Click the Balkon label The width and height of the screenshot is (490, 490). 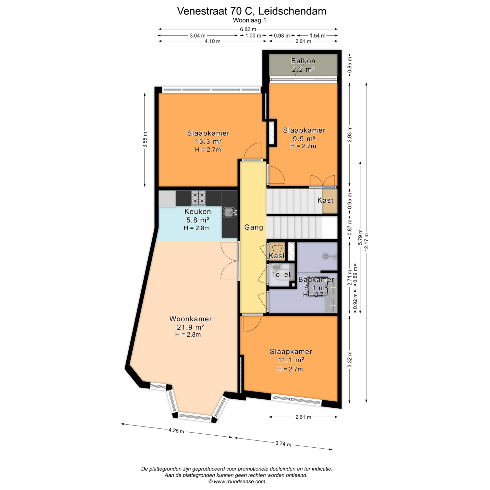(x=303, y=61)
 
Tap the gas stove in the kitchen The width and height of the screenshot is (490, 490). (x=199, y=198)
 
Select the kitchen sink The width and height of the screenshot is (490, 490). (x=229, y=213)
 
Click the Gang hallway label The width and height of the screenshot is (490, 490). (x=253, y=227)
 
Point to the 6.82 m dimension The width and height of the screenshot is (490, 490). (x=248, y=29)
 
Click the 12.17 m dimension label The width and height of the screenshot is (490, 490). (x=366, y=242)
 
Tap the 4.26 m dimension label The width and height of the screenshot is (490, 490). (x=176, y=431)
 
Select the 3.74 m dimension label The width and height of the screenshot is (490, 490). (x=283, y=444)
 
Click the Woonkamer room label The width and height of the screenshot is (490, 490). (x=191, y=319)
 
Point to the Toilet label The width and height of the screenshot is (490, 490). (x=281, y=274)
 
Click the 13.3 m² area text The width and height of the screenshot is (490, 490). (x=208, y=141)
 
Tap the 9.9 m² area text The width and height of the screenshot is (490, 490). (x=304, y=139)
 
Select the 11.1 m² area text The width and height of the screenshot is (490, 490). (x=291, y=360)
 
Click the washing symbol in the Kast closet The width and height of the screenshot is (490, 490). (x=277, y=248)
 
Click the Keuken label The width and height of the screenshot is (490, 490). (x=198, y=211)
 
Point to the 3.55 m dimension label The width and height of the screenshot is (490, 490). (x=145, y=140)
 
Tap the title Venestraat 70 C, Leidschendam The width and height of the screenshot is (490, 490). (x=252, y=11)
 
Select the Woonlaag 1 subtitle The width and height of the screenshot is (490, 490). (x=249, y=20)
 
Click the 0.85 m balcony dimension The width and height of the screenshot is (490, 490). (x=350, y=65)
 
